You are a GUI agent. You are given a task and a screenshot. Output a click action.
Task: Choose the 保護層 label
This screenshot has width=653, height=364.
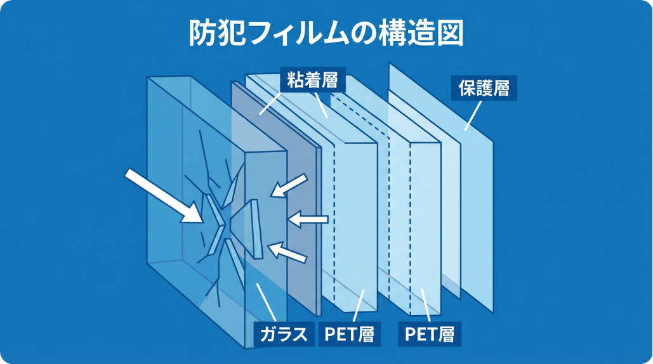[x=484, y=88]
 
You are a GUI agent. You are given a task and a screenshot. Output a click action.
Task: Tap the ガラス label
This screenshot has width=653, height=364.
[x=285, y=334]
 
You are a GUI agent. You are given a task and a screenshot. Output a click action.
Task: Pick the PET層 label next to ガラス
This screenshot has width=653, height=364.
[x=349, y=334]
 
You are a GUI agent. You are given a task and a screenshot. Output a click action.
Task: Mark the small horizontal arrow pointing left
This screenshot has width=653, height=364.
[x=308, y=219]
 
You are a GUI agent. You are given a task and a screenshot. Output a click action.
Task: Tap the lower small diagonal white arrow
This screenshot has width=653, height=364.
[x=290, y=252]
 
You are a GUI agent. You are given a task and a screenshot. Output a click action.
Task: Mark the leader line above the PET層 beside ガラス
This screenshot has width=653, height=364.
[x=357, y=306]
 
